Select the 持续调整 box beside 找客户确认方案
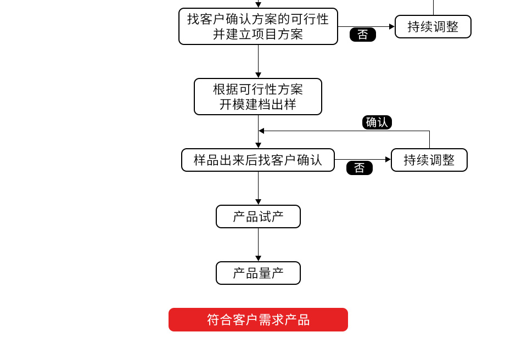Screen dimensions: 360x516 coord(433,26)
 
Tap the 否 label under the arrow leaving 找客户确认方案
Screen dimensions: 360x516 coord(363,35)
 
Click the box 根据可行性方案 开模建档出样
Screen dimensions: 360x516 coord(258,97)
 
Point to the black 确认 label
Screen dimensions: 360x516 coord(377,122)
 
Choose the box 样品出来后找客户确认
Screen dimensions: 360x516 coord(258,160)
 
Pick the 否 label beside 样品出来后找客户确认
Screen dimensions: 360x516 coord(360,168)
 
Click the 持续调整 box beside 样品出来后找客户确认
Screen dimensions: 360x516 coord(429,160)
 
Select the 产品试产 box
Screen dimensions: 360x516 coord(258,217)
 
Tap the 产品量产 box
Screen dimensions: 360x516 coord(258,273)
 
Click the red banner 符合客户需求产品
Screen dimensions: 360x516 coord(258,320)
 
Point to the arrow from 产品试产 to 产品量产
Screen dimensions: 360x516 coord(258,244)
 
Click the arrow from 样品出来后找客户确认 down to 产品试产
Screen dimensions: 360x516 coord(258,188)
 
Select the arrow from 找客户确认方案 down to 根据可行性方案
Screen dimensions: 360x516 coord(258,60)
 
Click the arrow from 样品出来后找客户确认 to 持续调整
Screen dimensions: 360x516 coord(362,159)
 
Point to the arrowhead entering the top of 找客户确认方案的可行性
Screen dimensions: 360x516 coord(258,4)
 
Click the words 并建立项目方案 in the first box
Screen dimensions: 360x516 coord(258,35)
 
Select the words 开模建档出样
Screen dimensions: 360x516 coord(258,104)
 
